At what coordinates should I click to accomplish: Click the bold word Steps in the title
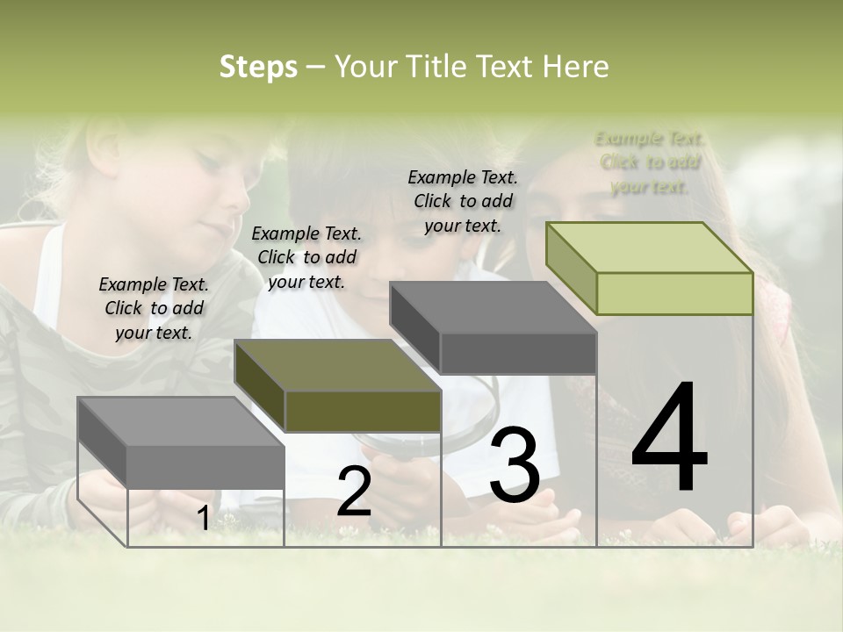[258, 67]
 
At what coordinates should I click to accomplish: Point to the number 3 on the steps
[515, 465]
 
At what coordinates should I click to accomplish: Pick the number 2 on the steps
[354, 492]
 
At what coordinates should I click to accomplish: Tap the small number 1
[203, 519]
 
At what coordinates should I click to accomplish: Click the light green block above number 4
[650, 268]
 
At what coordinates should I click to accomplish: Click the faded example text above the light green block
[650, 162]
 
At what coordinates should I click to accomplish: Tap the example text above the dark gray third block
[463, 201]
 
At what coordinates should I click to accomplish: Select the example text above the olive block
[306, 257]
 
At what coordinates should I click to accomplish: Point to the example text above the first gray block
[154, 308]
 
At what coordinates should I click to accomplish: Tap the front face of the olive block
[363, 411]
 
